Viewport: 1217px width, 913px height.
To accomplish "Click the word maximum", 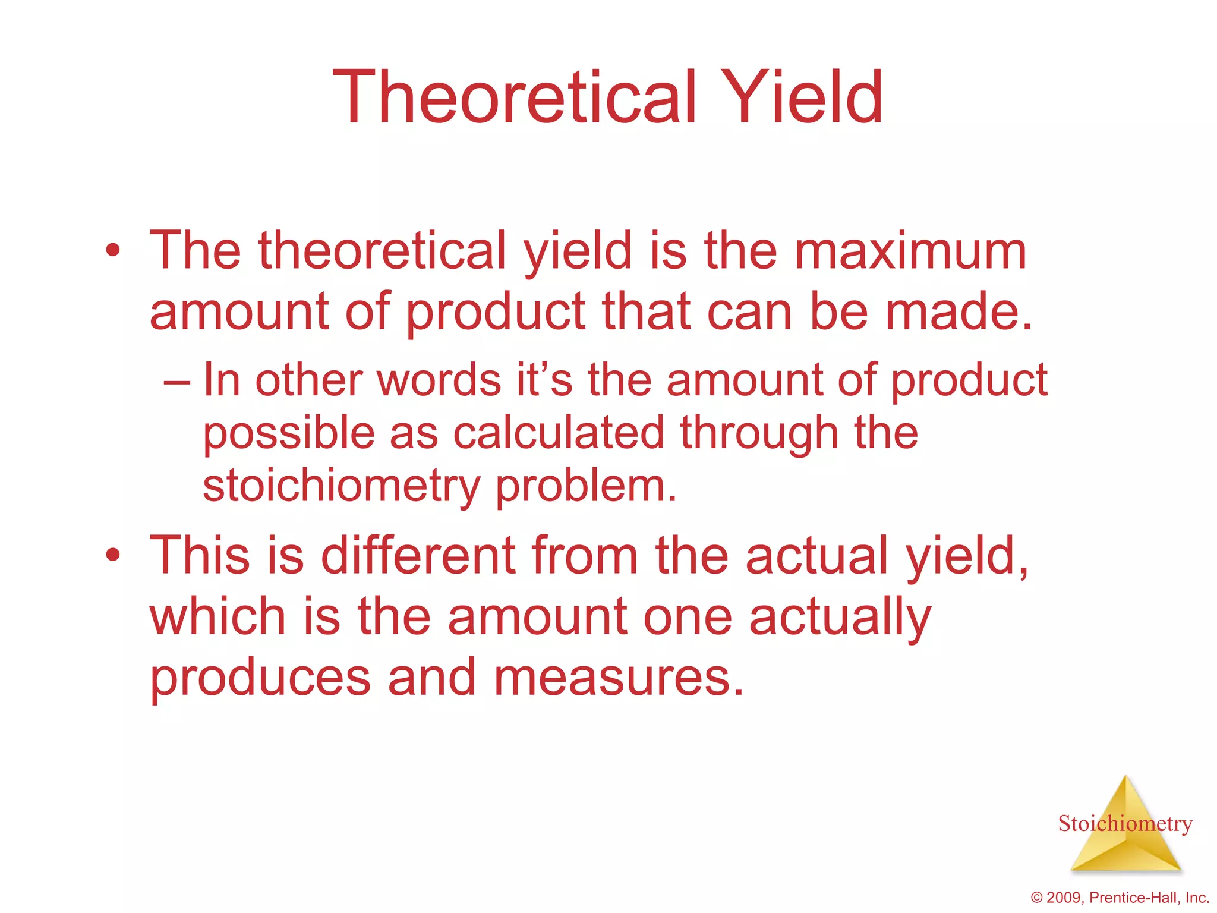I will (910, 251).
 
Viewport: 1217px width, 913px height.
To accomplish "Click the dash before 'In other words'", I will (176, 382).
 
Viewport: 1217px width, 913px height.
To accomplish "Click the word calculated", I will (559, 433).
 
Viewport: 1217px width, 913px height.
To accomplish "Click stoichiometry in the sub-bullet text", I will (341, 486).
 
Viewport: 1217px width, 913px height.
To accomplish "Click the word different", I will (418, 555).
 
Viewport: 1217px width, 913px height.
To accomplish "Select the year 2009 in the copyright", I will (1065, 898).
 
